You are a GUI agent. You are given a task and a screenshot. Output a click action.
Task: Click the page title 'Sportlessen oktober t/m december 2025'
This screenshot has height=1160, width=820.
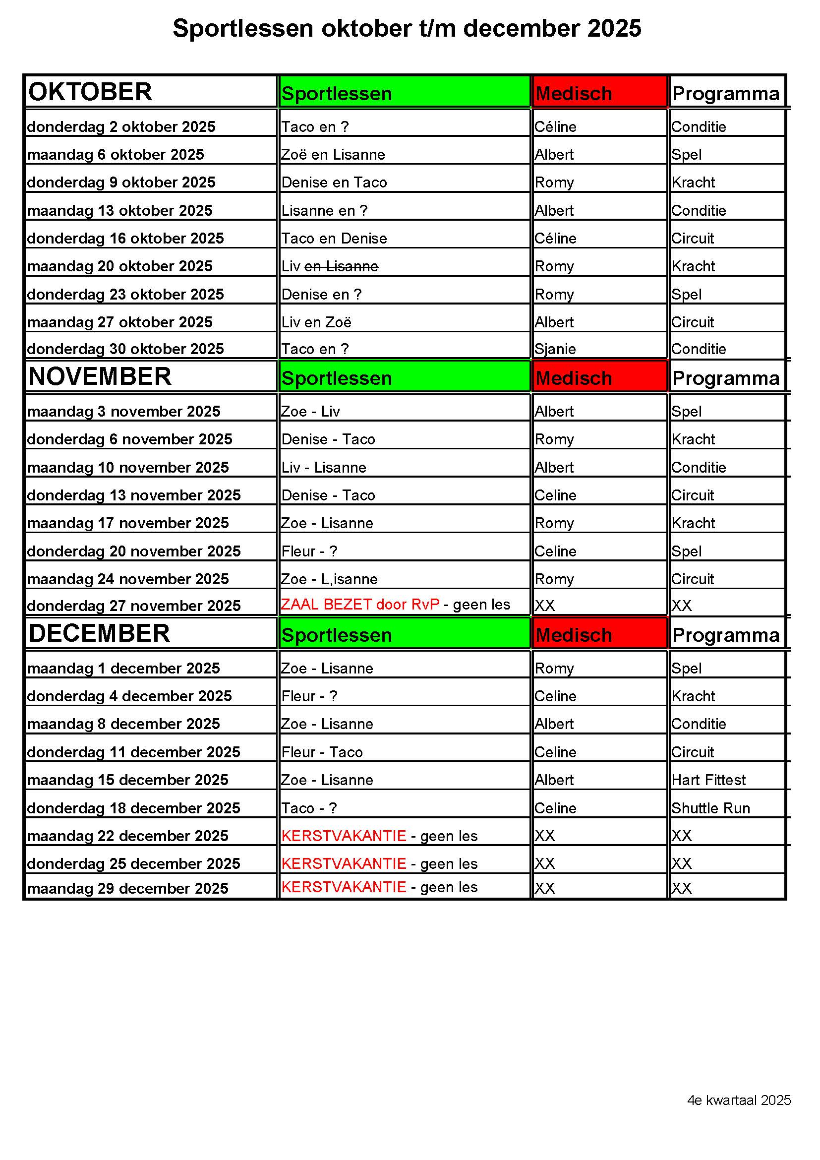coord(407,28)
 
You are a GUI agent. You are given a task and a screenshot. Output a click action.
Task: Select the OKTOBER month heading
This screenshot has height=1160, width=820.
coord(90,92)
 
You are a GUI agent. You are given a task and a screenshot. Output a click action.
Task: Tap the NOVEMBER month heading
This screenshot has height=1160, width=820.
coord(100,377)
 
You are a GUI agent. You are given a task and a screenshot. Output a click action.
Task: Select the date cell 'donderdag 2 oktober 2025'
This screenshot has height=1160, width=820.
coord(121,127)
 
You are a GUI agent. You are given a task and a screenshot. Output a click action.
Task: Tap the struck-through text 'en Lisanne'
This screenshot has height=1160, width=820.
coord(341,266)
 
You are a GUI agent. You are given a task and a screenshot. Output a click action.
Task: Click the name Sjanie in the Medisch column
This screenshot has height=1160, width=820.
coord(555,349)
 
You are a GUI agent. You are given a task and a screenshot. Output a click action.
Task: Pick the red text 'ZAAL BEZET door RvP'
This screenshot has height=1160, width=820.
coord(360,605)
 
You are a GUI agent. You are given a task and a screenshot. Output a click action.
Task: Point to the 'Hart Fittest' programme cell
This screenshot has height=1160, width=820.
coord(708,780)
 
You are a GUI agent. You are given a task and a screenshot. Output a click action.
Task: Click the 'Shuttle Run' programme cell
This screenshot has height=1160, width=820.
coord(710,808)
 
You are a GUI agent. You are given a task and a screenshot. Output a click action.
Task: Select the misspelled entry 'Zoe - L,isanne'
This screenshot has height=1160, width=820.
coord(329,579)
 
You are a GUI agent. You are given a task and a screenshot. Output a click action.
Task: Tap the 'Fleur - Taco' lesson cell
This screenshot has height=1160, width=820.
coord(322,752)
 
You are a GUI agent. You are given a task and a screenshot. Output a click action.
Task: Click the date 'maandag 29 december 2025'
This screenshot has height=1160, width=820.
coord(128,889)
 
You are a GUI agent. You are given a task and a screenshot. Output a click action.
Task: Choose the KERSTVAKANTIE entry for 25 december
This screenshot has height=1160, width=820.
coord(344,864)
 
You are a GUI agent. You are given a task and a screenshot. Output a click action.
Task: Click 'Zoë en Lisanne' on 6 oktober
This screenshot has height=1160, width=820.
coord(333,155)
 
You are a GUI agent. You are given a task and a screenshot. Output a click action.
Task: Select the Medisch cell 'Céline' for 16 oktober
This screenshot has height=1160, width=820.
coord(555,239)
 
